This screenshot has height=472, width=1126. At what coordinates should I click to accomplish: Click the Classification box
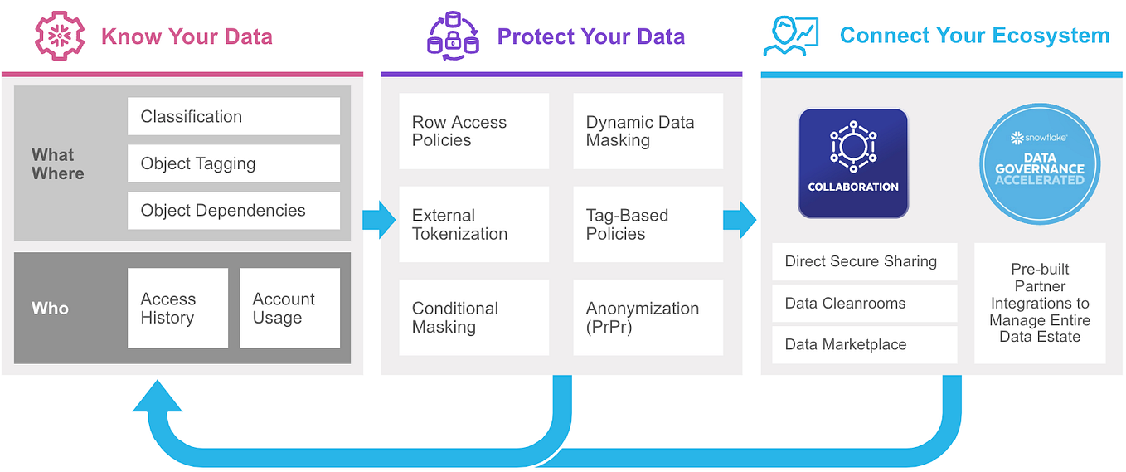point(233,117)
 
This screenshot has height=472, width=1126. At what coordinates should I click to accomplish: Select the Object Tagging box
point(233,163)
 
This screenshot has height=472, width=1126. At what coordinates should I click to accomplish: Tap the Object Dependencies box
point(233,211)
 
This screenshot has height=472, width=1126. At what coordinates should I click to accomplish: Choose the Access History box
point(177,308)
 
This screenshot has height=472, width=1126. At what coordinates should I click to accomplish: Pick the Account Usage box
point(289,308)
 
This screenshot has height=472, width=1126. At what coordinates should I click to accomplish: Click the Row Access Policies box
point(473,131)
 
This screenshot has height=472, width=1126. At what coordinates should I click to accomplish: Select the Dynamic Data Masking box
point(648,131)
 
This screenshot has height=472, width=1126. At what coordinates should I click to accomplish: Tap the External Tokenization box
point(473,224)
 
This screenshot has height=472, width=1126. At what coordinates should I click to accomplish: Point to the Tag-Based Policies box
point(648,224)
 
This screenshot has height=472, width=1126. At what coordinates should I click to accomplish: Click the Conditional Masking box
point(473,317)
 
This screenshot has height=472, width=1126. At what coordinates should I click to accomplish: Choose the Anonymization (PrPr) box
point(648,317)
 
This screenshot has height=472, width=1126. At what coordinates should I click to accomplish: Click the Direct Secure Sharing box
point(864,261)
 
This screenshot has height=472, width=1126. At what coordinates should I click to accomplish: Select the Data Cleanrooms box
point(864,303)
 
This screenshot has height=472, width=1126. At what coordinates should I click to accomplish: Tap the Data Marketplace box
point(864,344)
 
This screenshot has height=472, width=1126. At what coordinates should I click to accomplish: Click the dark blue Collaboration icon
point(853,163)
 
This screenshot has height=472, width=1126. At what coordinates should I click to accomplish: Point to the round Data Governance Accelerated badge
point(1039,163)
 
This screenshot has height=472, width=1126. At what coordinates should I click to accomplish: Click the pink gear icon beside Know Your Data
point(61,36)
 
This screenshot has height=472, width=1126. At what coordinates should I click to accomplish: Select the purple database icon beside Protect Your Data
point(453,36)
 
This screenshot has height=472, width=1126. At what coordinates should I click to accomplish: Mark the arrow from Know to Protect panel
point(379,219)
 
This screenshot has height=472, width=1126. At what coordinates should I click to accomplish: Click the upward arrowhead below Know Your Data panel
point(158,399)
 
